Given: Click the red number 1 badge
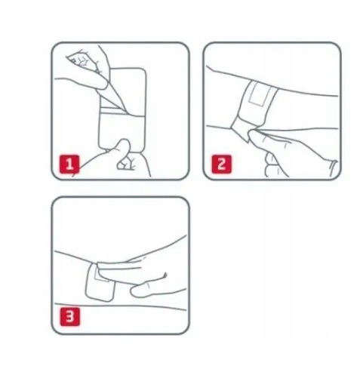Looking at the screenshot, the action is pos(69,164).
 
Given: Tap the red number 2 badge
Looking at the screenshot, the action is pos(221,164).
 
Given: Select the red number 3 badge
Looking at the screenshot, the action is pos(69,317).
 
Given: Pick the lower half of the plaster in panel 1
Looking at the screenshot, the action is pos(122,131).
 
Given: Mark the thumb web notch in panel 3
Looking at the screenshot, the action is pos(165,275).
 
